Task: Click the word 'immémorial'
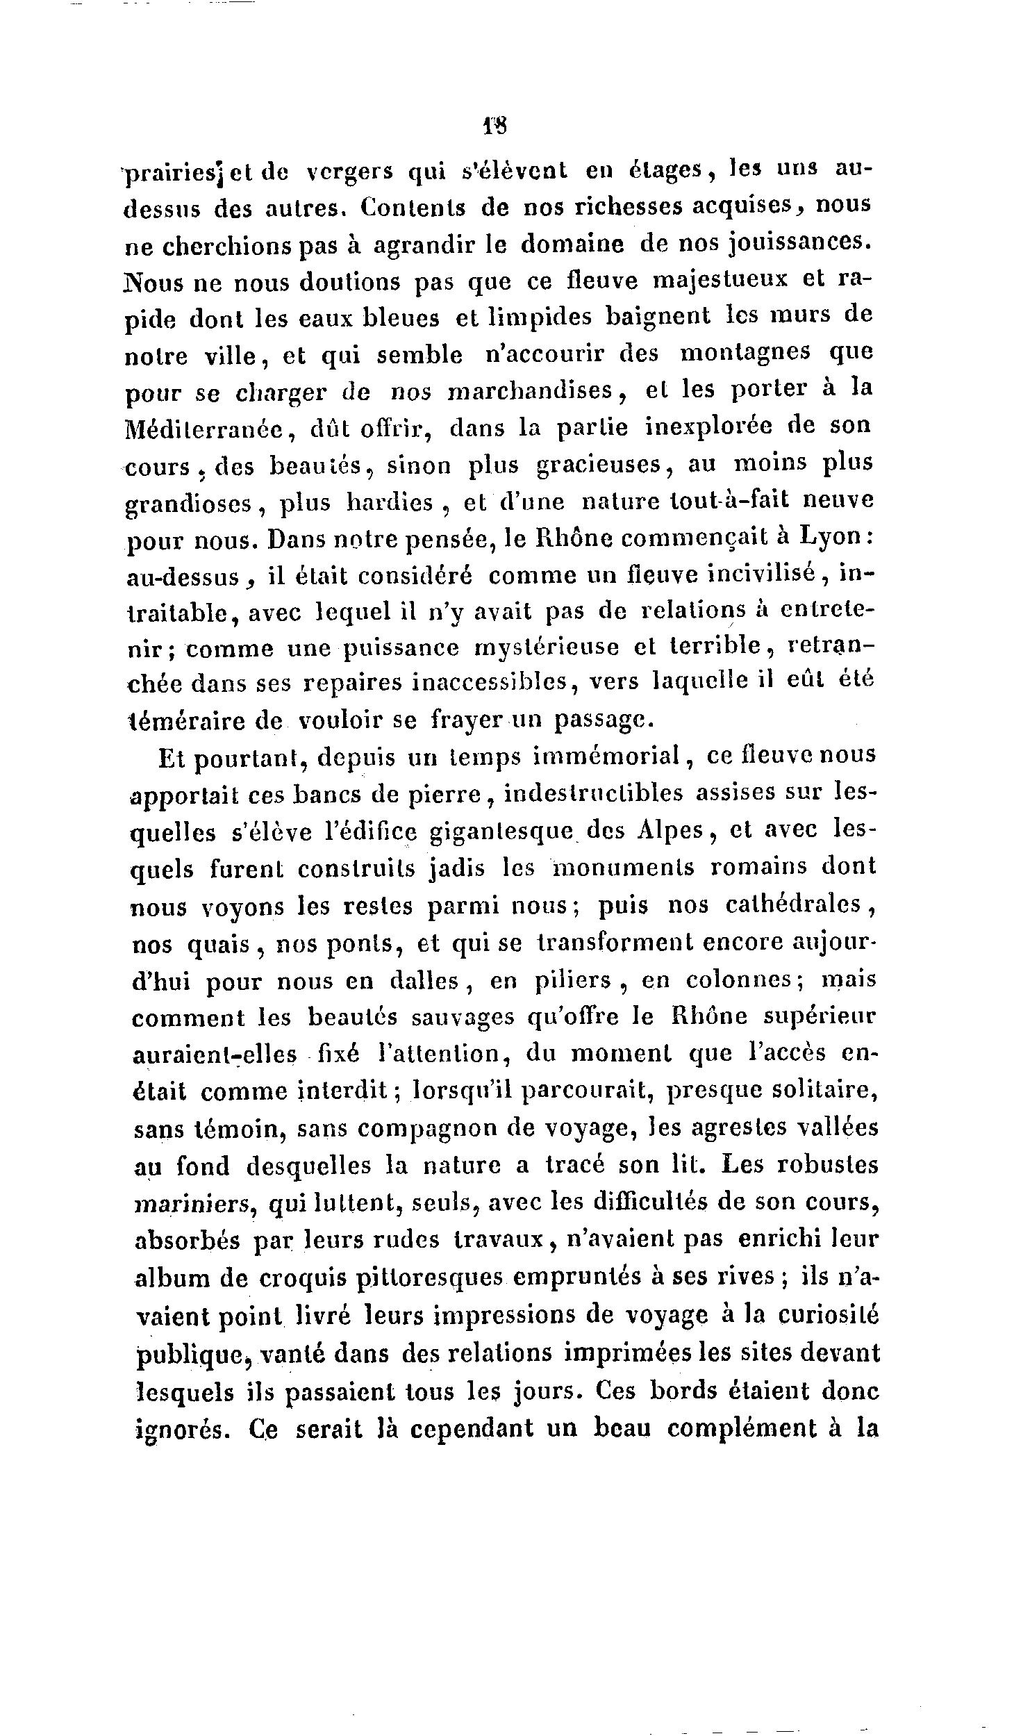pyautogui.click(x=606, y=757)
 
